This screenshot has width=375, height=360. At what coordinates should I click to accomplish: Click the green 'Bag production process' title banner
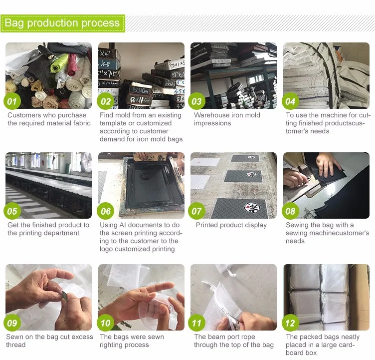tap(63, 23)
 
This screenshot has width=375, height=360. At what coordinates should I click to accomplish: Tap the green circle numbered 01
tap(12, 101)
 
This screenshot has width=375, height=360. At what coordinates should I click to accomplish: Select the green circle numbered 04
tap(290, 101)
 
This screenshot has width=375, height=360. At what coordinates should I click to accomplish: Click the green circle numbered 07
tap(197, 211)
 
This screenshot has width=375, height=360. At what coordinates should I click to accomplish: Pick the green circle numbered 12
tap(290, 323)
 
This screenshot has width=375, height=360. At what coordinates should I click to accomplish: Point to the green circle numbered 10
tap(106, 323)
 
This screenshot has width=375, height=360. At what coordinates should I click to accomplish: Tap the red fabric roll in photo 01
tap(72, 65)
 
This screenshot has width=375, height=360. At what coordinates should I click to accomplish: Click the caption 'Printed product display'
tap(231, 225)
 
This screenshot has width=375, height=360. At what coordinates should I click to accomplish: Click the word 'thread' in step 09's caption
tap(16, 345)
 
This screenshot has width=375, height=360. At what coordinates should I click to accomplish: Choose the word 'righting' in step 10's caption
tap(111, 345)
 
